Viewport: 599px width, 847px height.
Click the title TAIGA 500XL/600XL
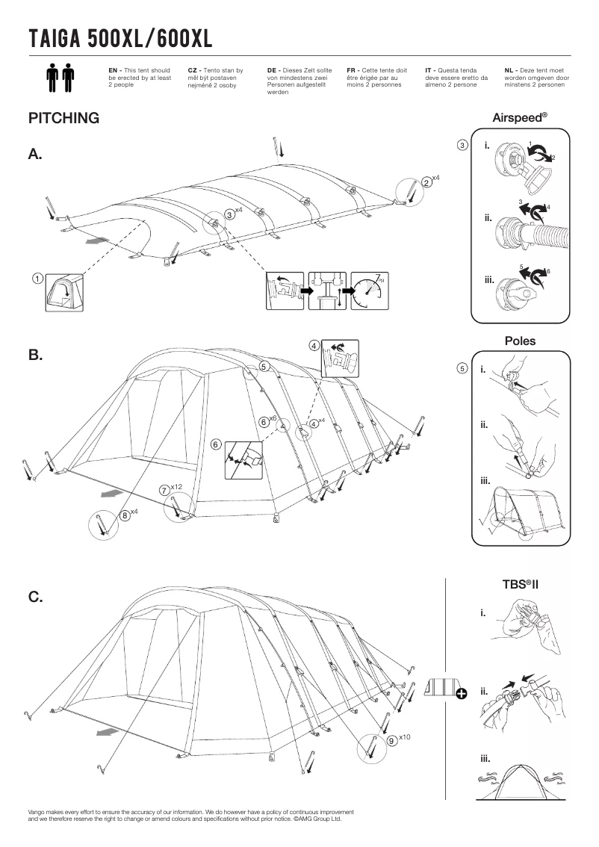[x=120, y=37]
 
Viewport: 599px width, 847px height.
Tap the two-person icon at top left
[x=60, y=78]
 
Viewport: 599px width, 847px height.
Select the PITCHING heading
[x=63, y=118]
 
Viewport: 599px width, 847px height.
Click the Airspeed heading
[x=520, y=118]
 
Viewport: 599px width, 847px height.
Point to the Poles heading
[x=520, y=341]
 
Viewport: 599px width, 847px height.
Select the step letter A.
[x=35, y=155]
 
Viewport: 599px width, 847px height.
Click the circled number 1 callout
[x=36, y=279]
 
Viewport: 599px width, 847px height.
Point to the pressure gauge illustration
[x=370, y=289]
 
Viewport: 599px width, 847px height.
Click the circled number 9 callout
[x=392, y=740]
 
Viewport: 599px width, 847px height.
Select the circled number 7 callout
[x=164, y=490]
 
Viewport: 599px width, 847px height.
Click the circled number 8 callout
[x=124, y=515]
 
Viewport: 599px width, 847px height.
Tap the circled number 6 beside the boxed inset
[x=216, y=444]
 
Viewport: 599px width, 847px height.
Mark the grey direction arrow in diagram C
[x=111, y=731]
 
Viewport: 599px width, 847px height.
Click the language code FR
[x=352, y=69]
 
